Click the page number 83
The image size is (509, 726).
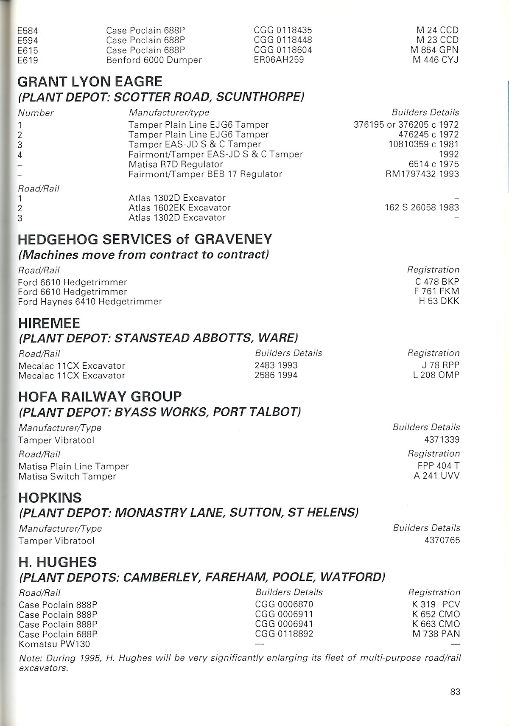(455, 691)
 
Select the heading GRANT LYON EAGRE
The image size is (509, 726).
(90, 81)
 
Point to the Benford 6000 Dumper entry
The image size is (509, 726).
(154, 60)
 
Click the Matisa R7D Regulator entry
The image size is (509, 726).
(176, 164)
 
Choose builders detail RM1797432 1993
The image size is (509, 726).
(422, 174)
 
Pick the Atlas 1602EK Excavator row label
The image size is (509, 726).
(179, 208)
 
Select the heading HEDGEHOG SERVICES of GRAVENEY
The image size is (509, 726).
(145, 239)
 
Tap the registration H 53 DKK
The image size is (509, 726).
(439, 301)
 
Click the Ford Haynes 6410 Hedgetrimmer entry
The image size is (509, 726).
(90, 302)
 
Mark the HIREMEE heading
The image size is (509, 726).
(49, 323)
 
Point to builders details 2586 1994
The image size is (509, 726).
(276, 375)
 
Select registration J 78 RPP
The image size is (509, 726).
(441, 365)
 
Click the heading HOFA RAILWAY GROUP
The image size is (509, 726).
(100, 397)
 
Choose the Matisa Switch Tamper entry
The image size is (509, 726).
(67, 477)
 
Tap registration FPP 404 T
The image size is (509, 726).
(439, 466)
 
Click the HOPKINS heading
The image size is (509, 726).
(50, 498)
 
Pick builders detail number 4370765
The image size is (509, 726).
(442, 541)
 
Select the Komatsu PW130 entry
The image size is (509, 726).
(54, 644)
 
